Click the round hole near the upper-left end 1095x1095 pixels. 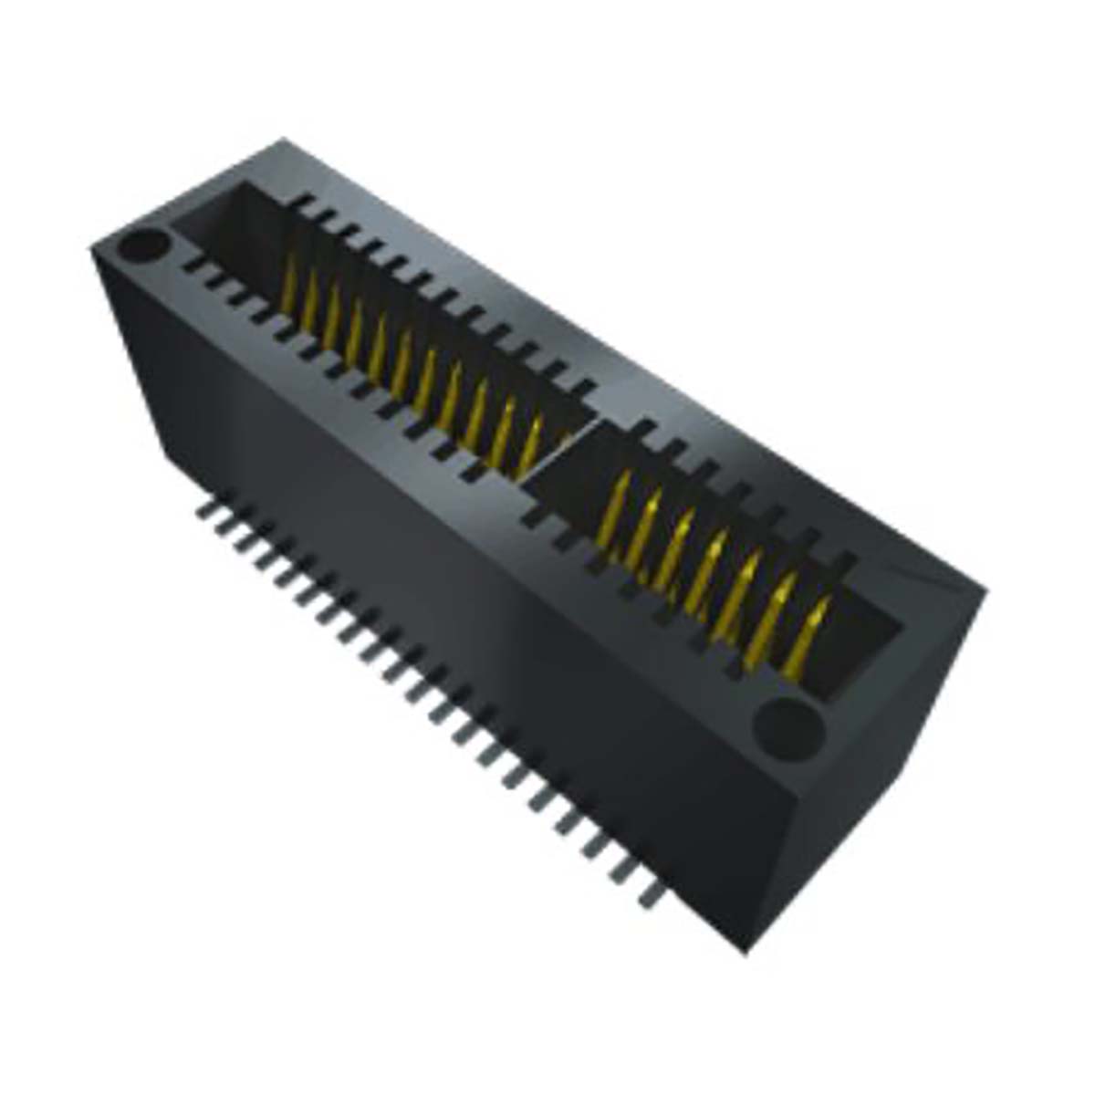point(144,246)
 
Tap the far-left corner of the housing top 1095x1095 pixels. point(92,249)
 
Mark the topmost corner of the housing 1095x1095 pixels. point(284,139)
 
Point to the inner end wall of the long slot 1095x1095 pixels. point(228,228)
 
